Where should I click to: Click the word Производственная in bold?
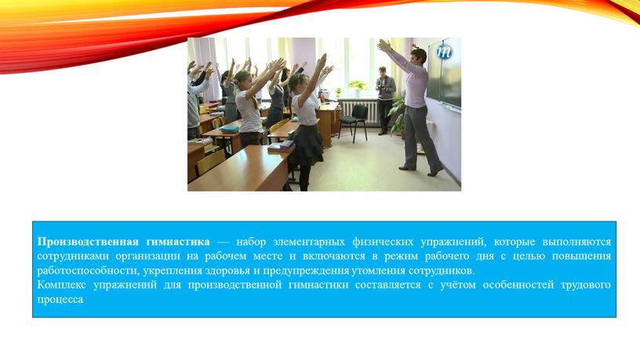click(88, 242)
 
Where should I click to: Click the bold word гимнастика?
click(177, 242)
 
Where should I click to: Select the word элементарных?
click(308, 242)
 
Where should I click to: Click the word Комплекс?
click(62, 285)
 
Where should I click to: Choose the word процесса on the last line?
click(60, 300)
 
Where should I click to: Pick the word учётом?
click(457, 285)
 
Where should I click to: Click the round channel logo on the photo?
click(444, 52)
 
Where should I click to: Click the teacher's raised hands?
click(384, 45)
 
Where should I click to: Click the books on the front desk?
click(281, 146)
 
